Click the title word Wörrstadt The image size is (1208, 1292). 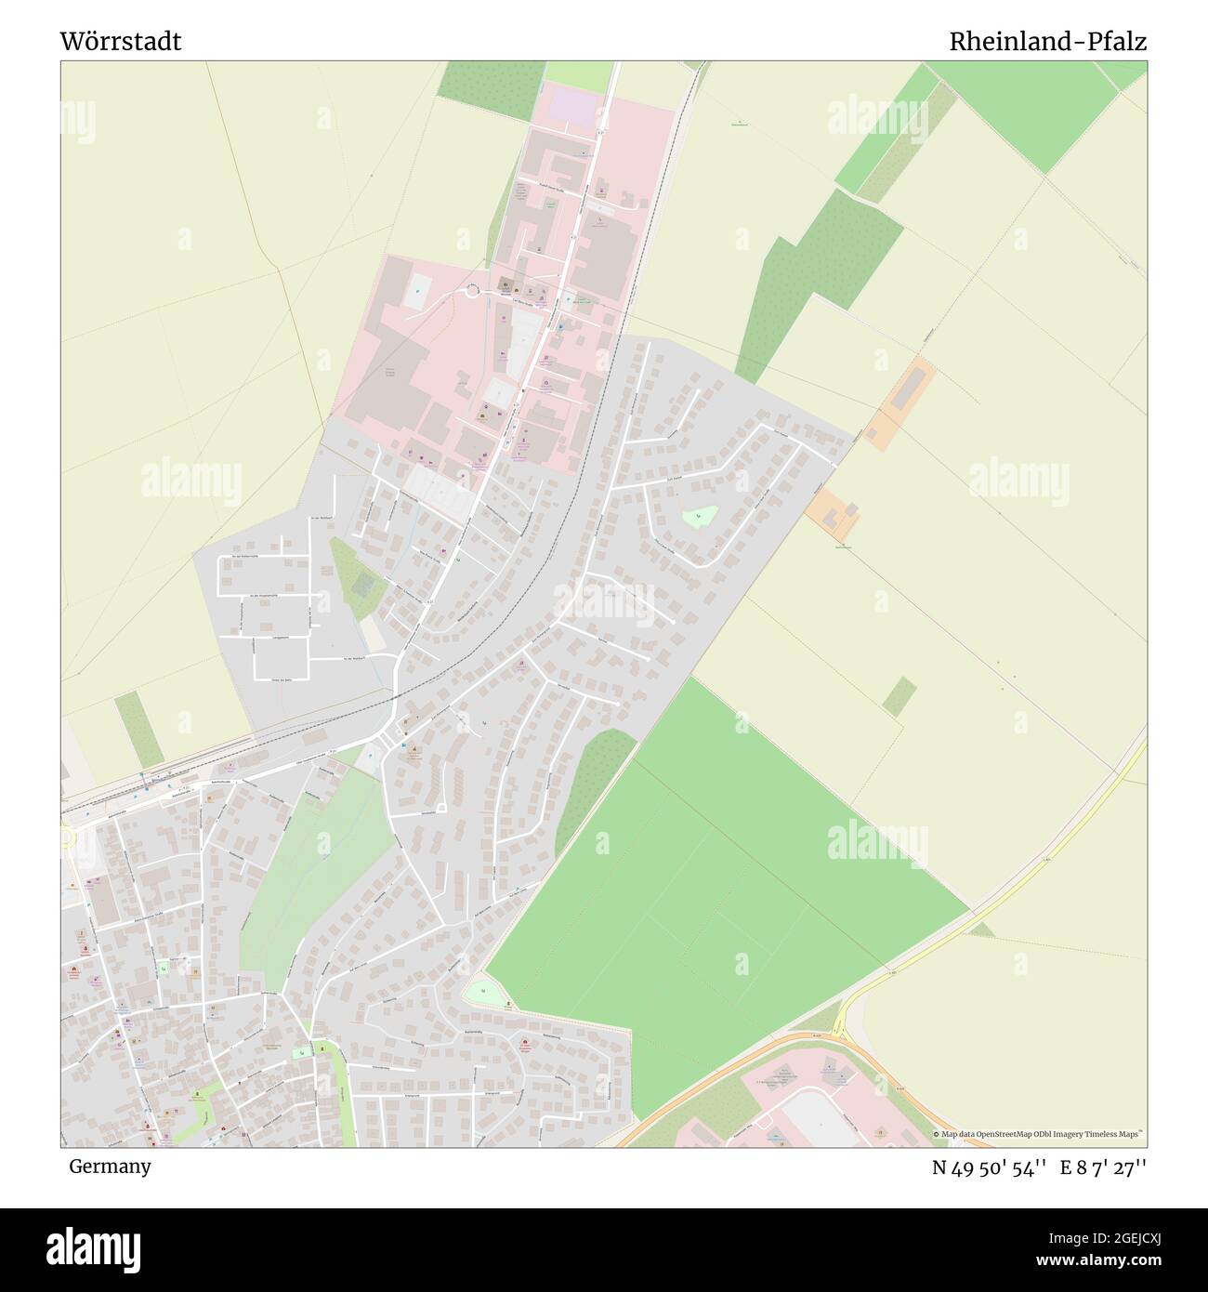click(121, 41)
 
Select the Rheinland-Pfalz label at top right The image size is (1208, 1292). click(1047, 41)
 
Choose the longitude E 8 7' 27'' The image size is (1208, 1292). click(1103, 1167)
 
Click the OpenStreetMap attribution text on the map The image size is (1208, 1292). click(1039, 1134)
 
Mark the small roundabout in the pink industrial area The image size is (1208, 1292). click(473, 291)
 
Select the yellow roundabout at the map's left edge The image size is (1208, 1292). click(65, 838)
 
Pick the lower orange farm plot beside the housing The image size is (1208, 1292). click(832, 514)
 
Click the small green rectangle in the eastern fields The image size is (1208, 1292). click(899, 696)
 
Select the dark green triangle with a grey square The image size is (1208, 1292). click(356, 581)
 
